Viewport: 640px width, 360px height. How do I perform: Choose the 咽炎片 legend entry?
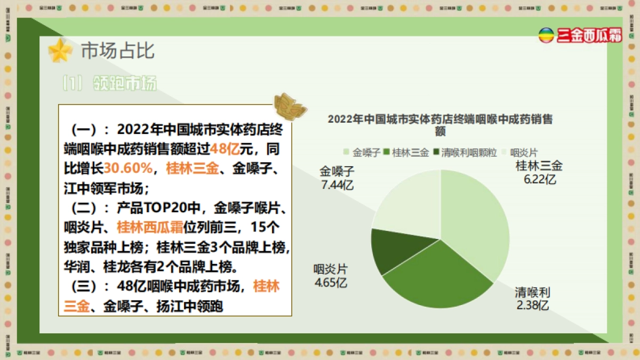(x=519, y=153)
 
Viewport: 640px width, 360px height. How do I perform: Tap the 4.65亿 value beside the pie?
(x=331, y=282)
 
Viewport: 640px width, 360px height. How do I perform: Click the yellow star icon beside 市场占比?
(x=60, y=51)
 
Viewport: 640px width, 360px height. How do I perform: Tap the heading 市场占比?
(x=117, y=51)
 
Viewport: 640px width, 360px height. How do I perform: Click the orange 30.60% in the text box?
(x=128, y=169)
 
